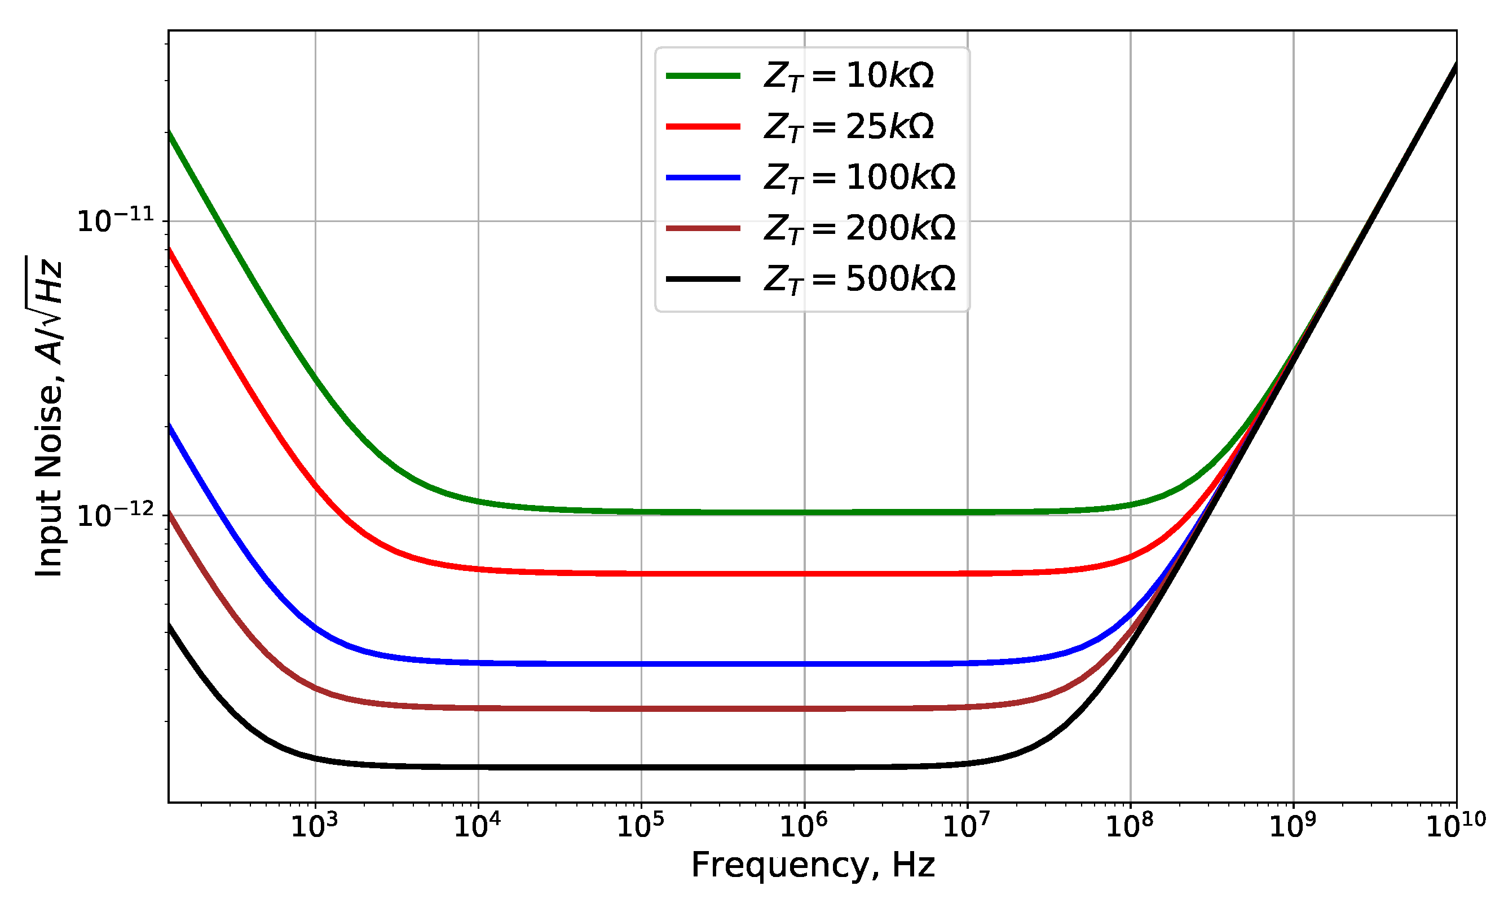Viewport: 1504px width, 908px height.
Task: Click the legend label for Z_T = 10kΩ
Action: (849, 76)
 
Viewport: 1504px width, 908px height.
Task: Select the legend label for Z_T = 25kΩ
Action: (849, 127)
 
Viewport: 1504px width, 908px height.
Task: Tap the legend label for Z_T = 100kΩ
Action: (859, 178)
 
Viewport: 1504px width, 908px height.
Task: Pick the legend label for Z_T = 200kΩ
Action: (859, 228)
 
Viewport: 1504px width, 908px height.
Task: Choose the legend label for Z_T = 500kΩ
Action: (859, 279)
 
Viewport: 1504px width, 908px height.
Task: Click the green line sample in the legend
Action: (703, 76)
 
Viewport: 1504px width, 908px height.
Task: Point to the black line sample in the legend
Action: (703, 279)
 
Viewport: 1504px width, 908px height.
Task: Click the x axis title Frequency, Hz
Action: (813, 865)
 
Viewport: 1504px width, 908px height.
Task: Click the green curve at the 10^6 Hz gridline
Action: (805, 512)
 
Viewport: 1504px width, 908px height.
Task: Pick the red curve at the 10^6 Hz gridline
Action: (805, 574)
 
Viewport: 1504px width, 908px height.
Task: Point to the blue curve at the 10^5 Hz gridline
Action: (641, 664)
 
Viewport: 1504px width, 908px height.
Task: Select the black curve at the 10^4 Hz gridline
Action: (478, 767)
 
